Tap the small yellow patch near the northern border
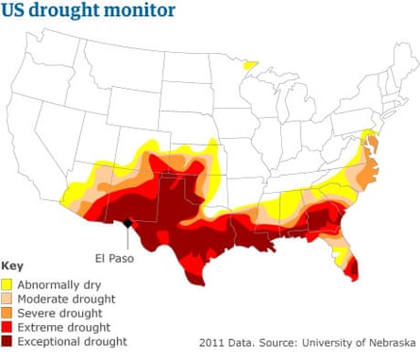[249, 65]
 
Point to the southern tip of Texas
[195, 281]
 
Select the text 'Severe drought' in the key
[60, 312]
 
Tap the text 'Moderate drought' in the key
[67, 298]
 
